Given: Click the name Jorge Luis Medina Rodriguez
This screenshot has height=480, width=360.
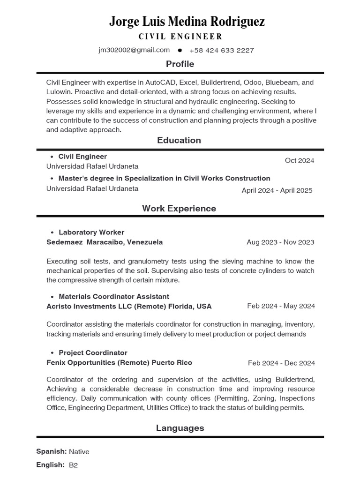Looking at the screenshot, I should [x=187, y=22].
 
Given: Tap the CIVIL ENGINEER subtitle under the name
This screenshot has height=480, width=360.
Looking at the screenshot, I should [x=180, y=37].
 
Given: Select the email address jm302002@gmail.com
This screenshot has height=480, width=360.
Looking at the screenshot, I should [x=134, y=50].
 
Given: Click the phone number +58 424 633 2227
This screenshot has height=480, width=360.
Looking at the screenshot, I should [x=222, y=51].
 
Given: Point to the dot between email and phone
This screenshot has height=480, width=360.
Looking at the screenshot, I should [x=180, y=50].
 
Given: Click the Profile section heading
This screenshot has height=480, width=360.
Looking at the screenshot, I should [x=180, y=64].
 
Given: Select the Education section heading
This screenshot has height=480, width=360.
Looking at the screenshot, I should [x=179, y=140].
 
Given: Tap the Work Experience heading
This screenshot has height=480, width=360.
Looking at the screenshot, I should [x=179, y=209].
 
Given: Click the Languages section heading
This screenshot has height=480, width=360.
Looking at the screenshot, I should [x=180, y=428].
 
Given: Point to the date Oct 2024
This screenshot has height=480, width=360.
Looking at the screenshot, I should [x=300, y=160].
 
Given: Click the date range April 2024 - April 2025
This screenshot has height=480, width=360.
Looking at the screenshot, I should [x=277, y=190].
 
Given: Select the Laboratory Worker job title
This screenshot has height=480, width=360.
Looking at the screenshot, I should [x=91, y=232].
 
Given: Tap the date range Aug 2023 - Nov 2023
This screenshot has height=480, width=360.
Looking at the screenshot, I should [x=280, y=242].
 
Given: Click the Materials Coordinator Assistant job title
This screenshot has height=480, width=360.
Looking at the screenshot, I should [x=114, y=296].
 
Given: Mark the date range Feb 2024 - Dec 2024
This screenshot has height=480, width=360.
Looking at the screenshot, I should [x=281, y=363].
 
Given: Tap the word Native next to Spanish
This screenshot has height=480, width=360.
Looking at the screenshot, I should [x=79, y=452].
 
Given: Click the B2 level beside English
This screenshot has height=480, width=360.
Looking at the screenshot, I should [x=73, y=465].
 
